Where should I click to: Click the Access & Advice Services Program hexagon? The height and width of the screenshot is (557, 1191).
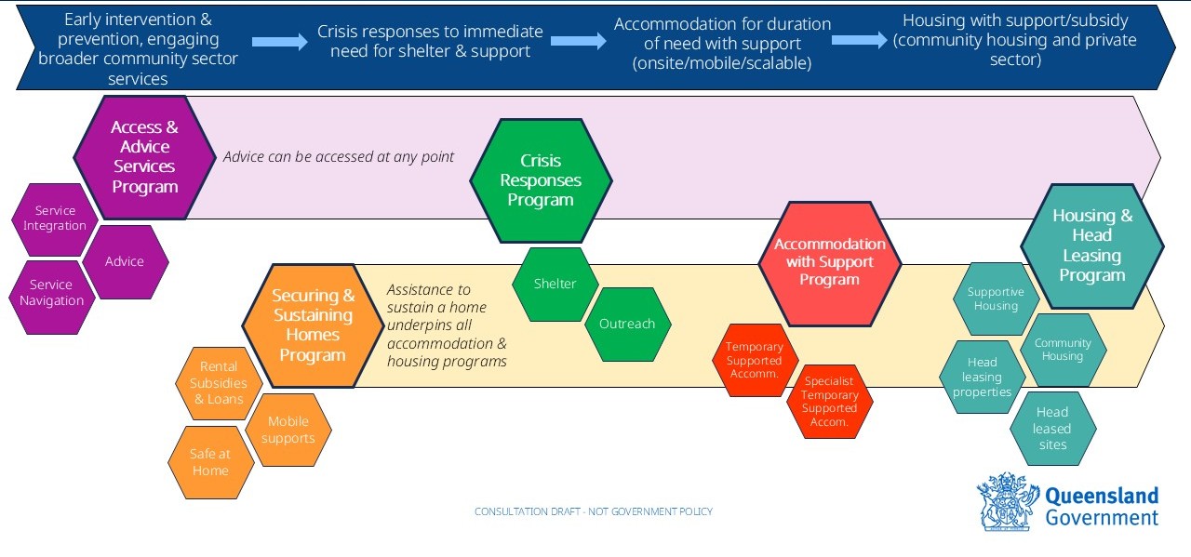pos(144,157)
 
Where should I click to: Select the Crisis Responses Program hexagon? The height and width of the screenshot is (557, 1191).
pos(541,180)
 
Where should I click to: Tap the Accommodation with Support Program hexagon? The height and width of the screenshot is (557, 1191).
pos(829,263)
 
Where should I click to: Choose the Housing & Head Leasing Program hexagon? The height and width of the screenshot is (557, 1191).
pos(1091,245)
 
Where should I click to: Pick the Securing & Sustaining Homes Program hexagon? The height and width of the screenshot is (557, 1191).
pos(313,325)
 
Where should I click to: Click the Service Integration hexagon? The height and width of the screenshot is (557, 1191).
pos(55,219)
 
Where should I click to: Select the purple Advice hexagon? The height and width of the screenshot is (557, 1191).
pos(125,262)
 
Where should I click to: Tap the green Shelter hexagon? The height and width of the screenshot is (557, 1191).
pos(555,284)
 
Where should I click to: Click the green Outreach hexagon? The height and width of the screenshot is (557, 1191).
pos(627,325)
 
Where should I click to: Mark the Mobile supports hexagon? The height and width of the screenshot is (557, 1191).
pos(288,430)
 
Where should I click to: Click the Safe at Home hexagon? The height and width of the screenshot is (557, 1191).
pos(210,462)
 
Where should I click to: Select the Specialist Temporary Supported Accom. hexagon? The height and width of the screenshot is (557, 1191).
pos(829,401)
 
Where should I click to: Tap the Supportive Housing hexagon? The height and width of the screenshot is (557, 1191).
pos(996,298)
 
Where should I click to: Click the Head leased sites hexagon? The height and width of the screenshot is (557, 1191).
pos(1052,429)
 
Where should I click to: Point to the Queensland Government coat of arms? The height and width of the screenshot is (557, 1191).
pos(1007,502)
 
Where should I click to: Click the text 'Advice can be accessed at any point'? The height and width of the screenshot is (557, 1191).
pos(339,157)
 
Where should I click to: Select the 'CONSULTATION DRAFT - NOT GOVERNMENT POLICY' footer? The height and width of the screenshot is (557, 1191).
pos(594,512)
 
